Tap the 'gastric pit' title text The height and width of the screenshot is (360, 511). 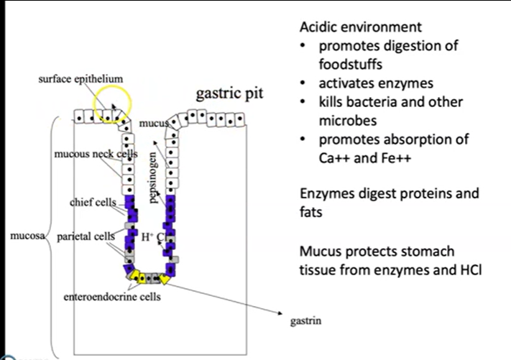point(229,94)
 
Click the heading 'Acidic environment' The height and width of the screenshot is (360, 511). point(360,27)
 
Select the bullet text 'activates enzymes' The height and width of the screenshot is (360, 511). point(377,83)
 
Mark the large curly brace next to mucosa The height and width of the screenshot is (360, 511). point(52,237)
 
